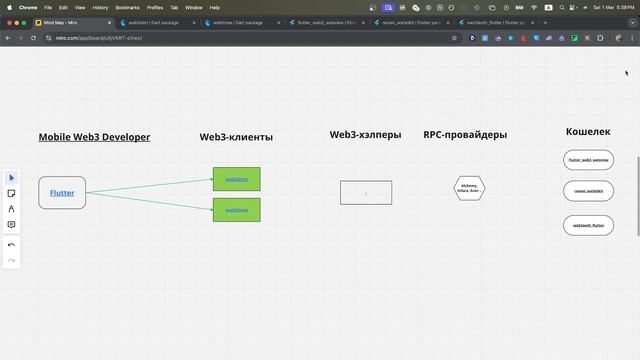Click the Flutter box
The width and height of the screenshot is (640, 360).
62,192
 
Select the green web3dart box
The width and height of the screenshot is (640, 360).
236,179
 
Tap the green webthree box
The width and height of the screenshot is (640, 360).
236,210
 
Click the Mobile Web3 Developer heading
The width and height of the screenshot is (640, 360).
94,137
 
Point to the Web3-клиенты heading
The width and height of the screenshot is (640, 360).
236,137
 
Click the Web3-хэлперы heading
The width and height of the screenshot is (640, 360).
365,135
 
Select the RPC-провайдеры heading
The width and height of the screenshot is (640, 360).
465,135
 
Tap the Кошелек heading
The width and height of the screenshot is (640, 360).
588,132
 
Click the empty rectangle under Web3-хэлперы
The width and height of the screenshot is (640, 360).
366,192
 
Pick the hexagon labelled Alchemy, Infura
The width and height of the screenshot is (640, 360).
469,188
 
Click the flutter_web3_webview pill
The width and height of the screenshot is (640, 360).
588,160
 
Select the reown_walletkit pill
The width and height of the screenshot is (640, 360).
588,191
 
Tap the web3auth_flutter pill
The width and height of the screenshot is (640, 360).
588,225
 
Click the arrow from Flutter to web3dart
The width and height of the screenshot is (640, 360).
150,185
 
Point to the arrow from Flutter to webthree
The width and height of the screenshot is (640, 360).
150,201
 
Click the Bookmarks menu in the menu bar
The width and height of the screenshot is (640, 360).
127,7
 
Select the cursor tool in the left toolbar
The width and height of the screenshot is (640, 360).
11,177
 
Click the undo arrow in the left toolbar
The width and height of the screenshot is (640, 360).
11,244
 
